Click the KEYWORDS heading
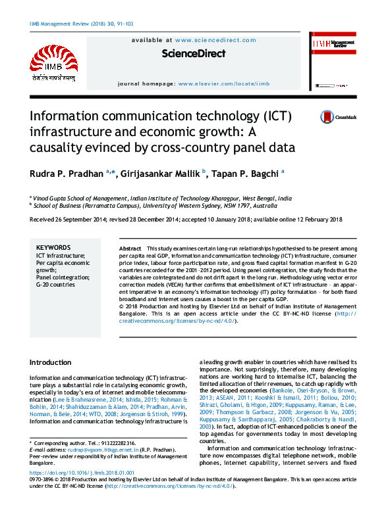click(x=53, y=247)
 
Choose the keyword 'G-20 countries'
click(x=55, y=285)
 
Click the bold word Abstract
click(x=130, y=248)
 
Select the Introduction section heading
click(x=51, y=362)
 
